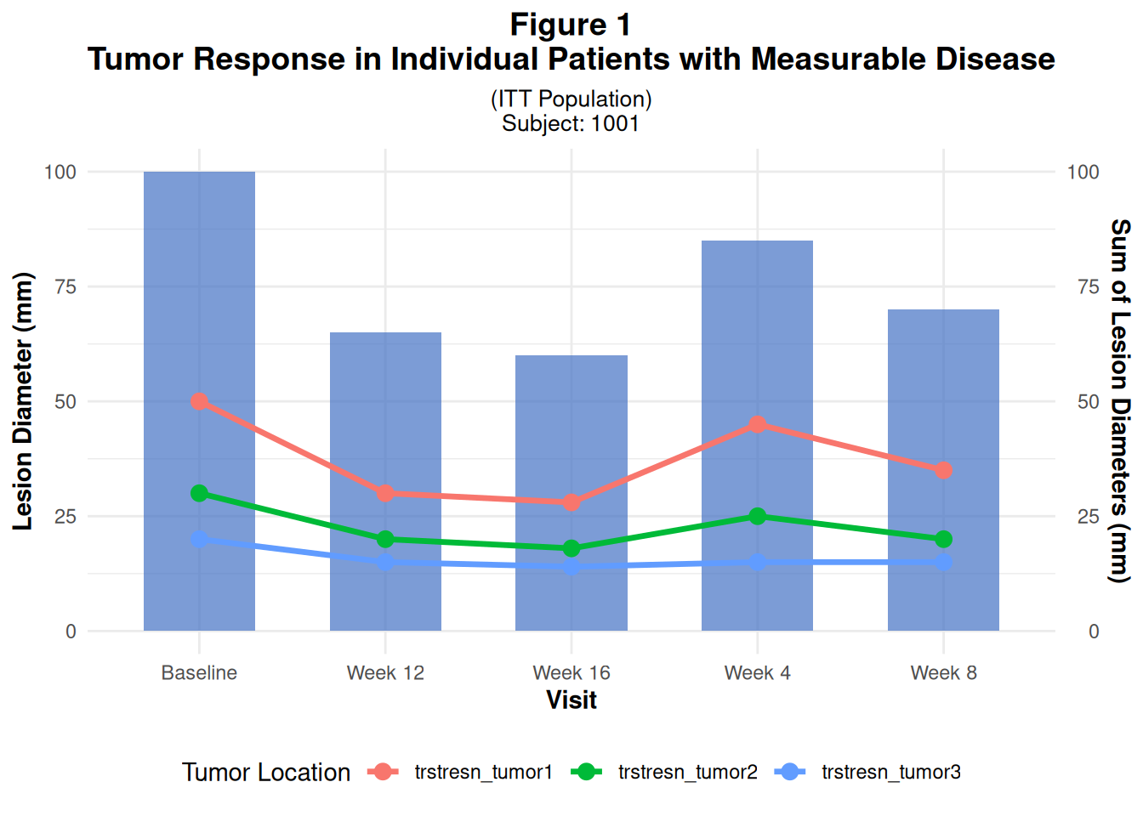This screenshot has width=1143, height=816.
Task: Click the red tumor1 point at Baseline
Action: tap(199, 401)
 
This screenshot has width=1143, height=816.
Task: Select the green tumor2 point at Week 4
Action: tap(758, 516)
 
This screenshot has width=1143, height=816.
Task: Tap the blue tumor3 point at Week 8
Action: tap(943, 562)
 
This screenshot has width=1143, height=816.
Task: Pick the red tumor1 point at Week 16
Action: tap(571, 502)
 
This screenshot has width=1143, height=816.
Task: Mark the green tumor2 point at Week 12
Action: tap(385, 539)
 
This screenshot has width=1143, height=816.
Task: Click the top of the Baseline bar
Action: tap(199, 173)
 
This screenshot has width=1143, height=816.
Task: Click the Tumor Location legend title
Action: tap(265, 772)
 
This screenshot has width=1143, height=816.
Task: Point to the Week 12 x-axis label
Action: tap(385, 672)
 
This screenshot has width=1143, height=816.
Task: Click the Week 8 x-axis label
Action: tap(943, 672)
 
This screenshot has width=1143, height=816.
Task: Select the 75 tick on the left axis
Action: tap(65, 286)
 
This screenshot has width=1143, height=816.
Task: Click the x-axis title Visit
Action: tap(571, 700)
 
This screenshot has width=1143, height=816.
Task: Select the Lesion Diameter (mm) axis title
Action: tap(23, 401)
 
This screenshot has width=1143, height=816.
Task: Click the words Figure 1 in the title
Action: tap(571, 25)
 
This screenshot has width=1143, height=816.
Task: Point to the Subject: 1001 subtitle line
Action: tap(571, 123)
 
